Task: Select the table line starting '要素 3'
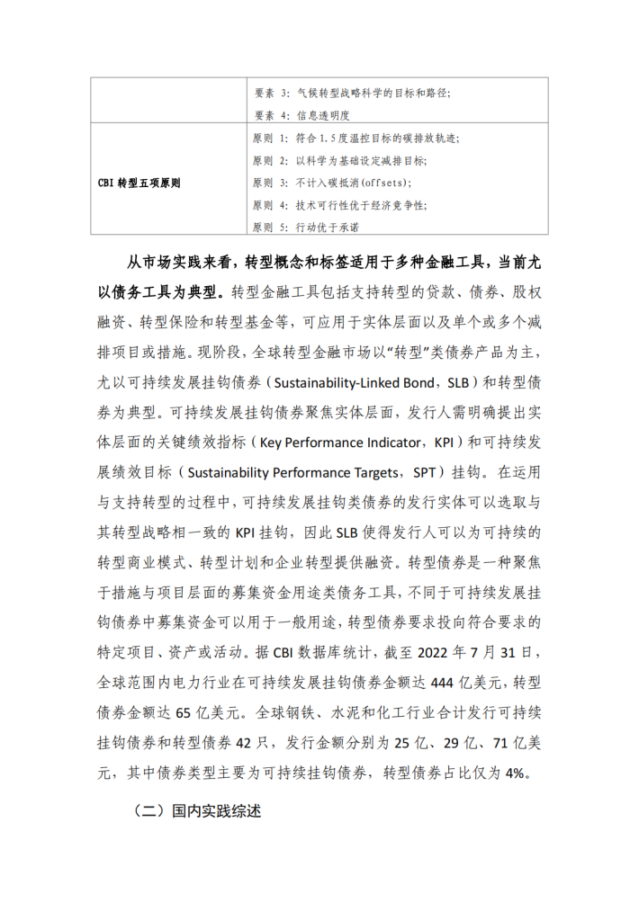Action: click(350, 93)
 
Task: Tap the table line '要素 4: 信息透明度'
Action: click(300, 115)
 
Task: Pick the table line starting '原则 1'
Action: click(355, 139)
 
